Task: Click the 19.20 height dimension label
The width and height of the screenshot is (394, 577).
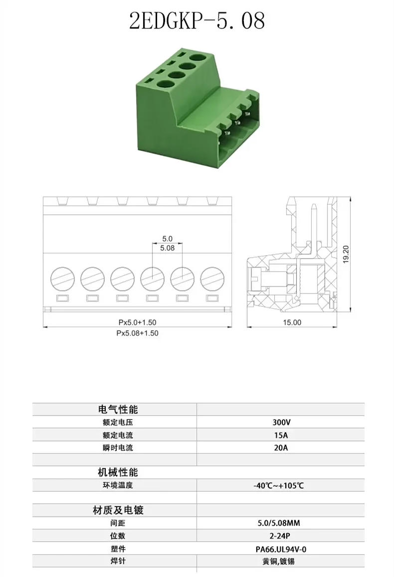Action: point(346,255)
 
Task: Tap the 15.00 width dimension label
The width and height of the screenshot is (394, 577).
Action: point(292,322)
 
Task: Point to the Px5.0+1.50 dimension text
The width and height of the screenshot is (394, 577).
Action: point(137,322)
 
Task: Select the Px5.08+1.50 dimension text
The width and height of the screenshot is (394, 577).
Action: point(137,333)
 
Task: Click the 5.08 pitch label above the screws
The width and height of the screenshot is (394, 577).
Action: point(167,248)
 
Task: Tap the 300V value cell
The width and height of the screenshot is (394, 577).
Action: point(281,422)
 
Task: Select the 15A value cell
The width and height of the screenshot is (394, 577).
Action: point(281,434)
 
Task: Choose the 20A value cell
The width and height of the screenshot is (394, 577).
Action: point(281,447)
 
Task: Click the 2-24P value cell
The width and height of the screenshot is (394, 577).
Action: point(280,536)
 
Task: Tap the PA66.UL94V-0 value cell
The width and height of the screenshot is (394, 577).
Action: point(280,549)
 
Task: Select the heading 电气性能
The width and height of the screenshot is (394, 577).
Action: point(117,410)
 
